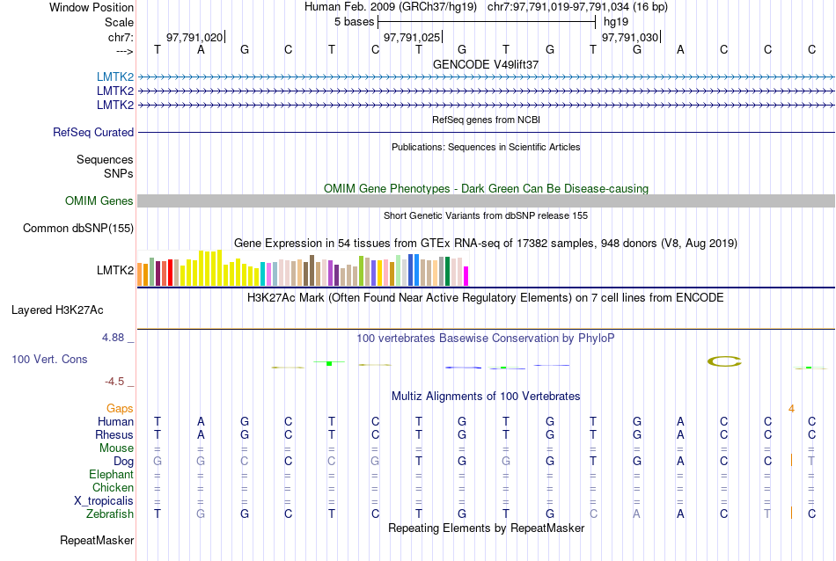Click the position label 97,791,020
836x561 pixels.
pyautogui.click(x=194, y=38)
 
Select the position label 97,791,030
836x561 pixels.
pyautogui.click(x=629, y=38)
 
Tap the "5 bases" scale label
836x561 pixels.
pyautogui.click(x=354, y=21)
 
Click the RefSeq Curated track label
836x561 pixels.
pyautogui.click(x=93, y=132)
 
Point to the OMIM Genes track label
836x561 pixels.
pyautogui.click(x=99, y=200)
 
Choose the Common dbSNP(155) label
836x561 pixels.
pyautogui.click(x=77, y=229)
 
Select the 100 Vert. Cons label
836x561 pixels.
pyautogui.click(x=49, y=360)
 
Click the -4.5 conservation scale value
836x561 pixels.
pyautogui.click(x=115, y=382)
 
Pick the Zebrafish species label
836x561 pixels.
pyautogui.click(x=111, y=514)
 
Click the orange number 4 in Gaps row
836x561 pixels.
pyautogui.click(x=791, y=409)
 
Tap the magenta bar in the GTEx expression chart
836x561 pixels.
pyautogui.click(x=466, y=276)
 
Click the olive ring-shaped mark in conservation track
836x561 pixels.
pyautogui.click(x=725, y=361)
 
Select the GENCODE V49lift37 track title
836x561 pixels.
pyautogui.click(x=486, y=64)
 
